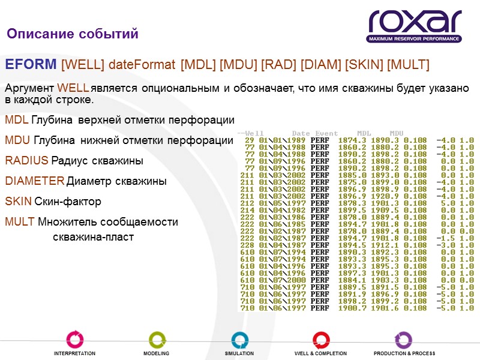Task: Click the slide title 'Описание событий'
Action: [x=73, y=34]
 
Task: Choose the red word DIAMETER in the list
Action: [x=34, y=181]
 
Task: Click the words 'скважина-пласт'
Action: [x=93, y=238]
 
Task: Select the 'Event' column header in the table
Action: [x=327, y=133]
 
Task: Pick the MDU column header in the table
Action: [x=397, y=133]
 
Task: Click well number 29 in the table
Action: [x=250, y=140]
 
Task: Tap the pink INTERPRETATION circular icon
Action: [x=74, y=339]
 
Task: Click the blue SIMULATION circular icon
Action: [x=239, y=339]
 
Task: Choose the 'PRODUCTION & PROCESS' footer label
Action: [x=404, y=354]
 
